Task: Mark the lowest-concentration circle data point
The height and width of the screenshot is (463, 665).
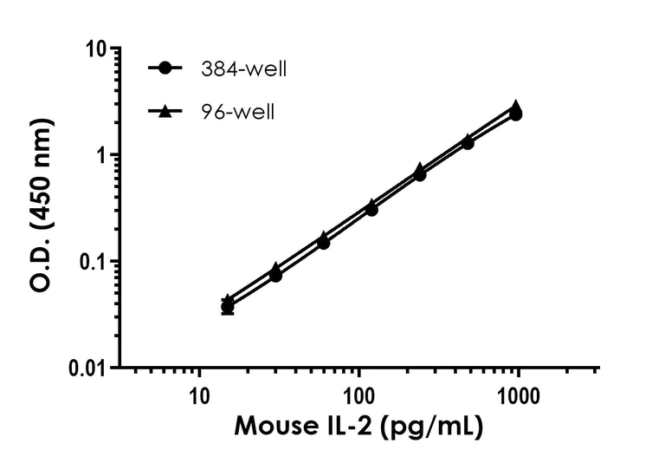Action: point(228,307)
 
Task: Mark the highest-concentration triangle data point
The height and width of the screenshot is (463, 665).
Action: point(516,107)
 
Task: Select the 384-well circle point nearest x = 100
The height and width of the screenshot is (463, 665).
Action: point(371,209)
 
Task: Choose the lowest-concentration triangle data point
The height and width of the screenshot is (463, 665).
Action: point(228,299)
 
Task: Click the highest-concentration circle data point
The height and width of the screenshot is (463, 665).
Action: point(516,114)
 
